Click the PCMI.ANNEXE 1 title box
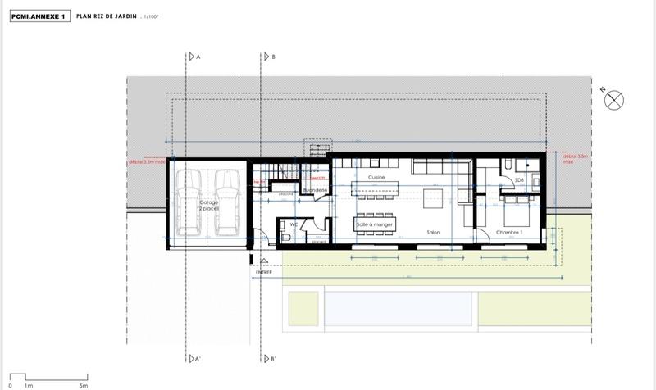click(x=39, y=16)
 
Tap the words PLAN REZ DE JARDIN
click(x=111, y=16)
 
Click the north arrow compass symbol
click(x=613, y=100)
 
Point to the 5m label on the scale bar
click(x=82, y=384)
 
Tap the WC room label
click(x=293, y=223)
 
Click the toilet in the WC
click(x=285, y=236)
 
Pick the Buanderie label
click(x=316, y=190)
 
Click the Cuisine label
click(x=376, y=178)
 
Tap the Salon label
click(x=434, y=234)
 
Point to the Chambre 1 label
click(x=510, y=234)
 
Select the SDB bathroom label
click(x=519, y=180)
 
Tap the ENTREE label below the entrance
click(x=262, y=273)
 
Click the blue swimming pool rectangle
click(x=399, y=310)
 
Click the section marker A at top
click(x=197, y=57)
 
